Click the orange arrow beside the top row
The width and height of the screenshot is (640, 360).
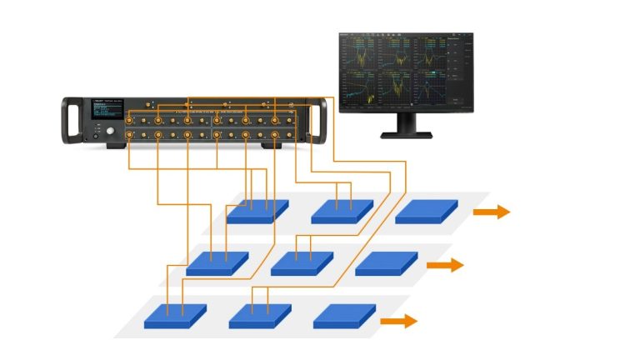[x=491, y=212]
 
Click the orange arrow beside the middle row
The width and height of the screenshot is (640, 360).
[x=445, y=265]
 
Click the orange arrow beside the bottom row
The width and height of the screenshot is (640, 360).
[x=398, y=320]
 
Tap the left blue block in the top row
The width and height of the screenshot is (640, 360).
[x=257, y=211]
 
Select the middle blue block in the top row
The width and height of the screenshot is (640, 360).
[x=342, y=211]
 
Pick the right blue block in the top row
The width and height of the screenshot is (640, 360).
[x=426, y=211]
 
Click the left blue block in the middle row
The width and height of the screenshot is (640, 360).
[x=217, y=263]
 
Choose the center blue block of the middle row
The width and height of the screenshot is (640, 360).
[x=302, y=263]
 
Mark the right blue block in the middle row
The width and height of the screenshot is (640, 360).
[x=386, y=263]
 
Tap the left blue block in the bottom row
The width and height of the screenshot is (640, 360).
[x=175, y=316]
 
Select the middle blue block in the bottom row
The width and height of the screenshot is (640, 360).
[x=260, y=316]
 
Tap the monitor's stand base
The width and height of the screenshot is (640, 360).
[x=405, y=133]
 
